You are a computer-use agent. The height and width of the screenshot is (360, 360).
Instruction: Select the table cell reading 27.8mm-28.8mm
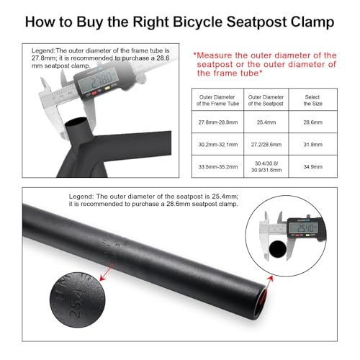point(220,124)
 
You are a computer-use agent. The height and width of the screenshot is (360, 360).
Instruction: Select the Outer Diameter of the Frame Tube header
point(220,99)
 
